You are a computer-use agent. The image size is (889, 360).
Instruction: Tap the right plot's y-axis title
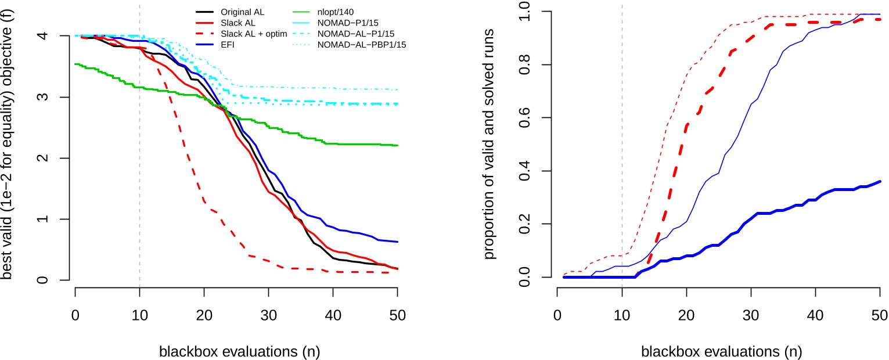click(x=490, y=145)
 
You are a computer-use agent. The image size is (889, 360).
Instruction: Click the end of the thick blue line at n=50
click(x=880, y=181)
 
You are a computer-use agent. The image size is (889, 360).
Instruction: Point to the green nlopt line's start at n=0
click(x=76, y=64)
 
